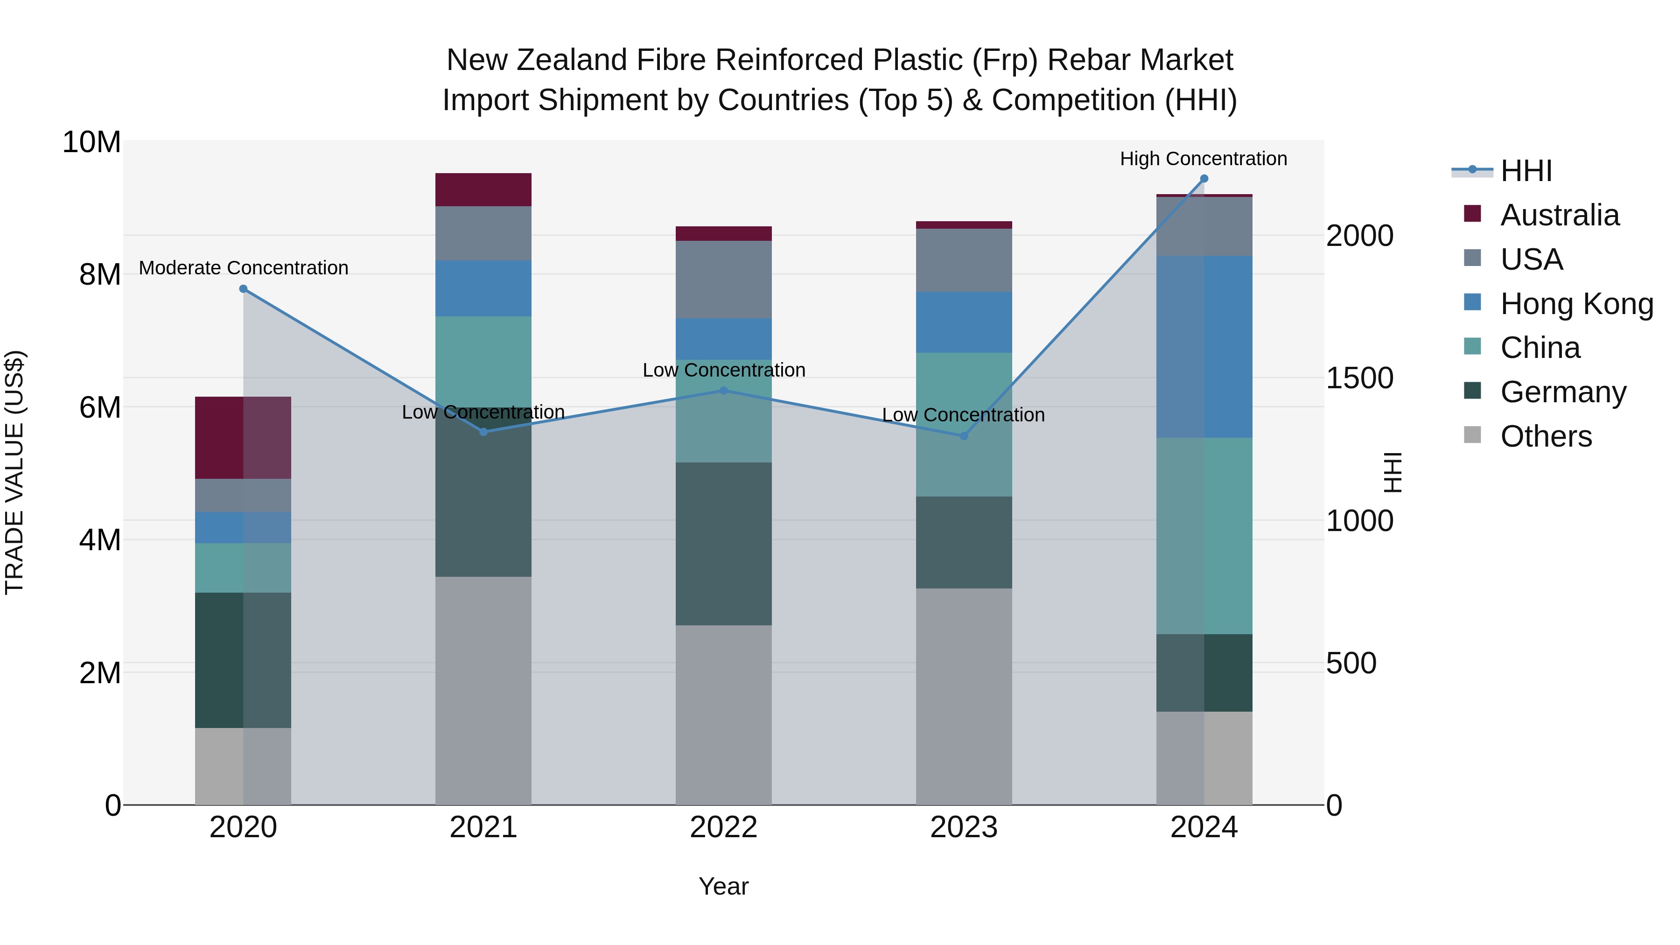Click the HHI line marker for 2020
(243, 289)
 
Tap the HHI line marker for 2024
(1204, 179)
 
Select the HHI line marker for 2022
(723, 391)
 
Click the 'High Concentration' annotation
(1203, 159)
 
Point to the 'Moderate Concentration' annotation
(243, 268)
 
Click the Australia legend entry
(1559, 215)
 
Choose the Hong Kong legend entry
(1576, 304)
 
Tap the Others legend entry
(1546, 436)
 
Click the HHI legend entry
(1526, 171)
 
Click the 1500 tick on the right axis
(1360, 378)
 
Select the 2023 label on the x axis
(963, 827)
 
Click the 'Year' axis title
(723, 886)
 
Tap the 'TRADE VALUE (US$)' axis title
(14, 472)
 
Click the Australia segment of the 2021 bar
(483, 190)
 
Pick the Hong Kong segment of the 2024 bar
(1204, 346)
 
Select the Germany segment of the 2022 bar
(723, 544)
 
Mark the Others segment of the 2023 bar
(963, 697)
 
